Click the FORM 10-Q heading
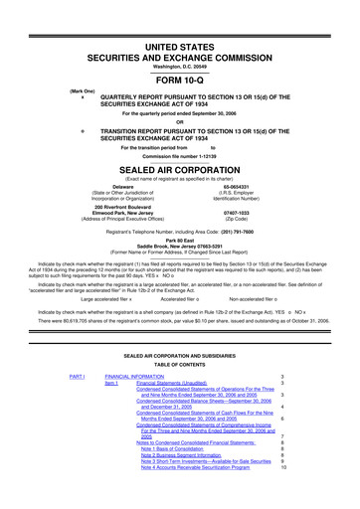point(180,81)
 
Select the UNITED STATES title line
point(180,48)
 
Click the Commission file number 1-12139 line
point(180,156)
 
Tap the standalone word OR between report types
point(180,123)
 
